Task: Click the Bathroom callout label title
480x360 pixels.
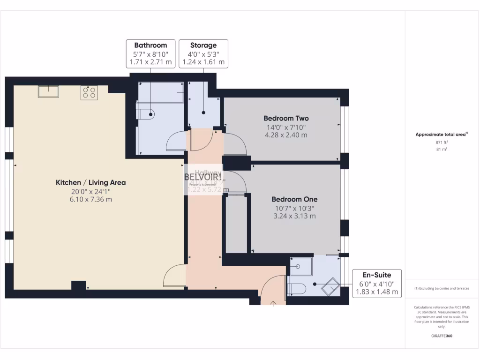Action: pos(150,45)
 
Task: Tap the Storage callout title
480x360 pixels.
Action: pos(203,45)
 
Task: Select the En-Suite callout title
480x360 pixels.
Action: pos(376,275)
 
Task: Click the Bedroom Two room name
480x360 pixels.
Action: pos(286,118)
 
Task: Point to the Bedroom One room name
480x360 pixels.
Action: pos(293,199)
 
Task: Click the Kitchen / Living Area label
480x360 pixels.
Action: pos(91,182)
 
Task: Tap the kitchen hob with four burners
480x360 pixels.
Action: pos(89,93)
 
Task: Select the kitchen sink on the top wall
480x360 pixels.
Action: pos(48,91)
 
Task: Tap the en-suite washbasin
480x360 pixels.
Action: pos(297,267)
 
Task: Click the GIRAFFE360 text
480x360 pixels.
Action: pos(442,336)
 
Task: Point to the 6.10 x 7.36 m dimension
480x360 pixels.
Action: pos(91,199)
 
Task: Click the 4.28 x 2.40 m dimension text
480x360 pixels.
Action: pos(286,135)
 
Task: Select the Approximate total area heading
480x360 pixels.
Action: pos(441,135)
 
